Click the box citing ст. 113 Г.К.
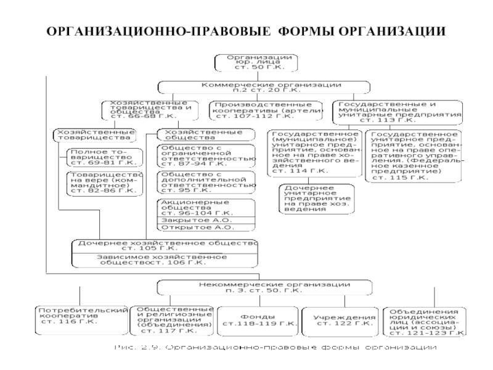(398, 110)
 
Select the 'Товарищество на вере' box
(103, 183)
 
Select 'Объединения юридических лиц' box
(423, 321)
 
